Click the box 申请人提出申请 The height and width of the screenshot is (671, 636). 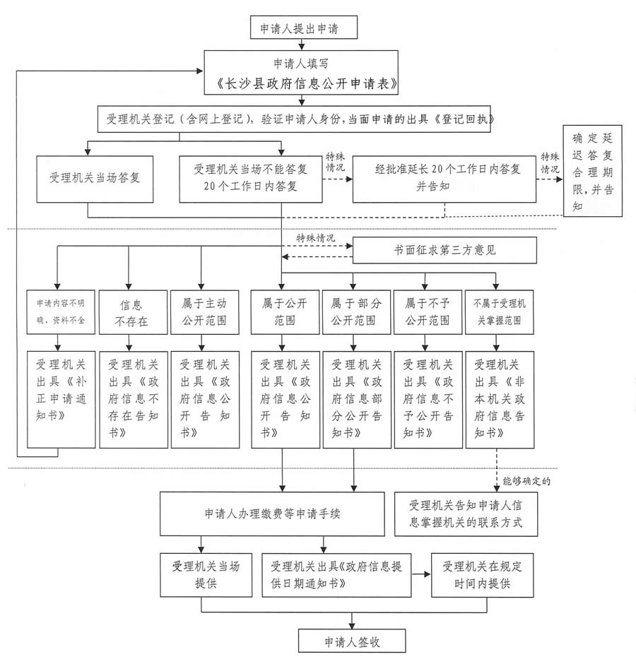304,28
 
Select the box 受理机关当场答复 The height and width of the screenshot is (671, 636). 95,179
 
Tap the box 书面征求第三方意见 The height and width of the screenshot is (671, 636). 444,250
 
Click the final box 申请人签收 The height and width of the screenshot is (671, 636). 352,641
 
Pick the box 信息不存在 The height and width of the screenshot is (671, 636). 133,312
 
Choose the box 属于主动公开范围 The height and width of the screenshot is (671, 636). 205,312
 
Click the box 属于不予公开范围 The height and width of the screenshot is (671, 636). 428,312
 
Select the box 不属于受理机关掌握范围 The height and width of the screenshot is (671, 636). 500,312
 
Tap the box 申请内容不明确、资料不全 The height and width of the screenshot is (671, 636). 61,312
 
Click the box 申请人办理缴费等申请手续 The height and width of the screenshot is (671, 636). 272,514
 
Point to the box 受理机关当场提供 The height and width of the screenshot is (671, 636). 206,575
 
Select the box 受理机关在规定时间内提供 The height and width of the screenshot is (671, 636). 482,575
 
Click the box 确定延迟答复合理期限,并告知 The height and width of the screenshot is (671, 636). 592,171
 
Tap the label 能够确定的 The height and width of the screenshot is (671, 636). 526,482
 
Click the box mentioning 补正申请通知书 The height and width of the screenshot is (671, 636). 61,400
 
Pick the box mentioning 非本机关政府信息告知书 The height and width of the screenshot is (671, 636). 500,400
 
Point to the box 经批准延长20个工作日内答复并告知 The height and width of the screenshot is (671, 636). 444,179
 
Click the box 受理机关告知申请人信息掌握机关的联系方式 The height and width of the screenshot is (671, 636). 466,514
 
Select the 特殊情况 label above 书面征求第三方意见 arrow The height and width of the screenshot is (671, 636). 316,238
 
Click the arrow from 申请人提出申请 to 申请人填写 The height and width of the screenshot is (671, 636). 302,44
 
